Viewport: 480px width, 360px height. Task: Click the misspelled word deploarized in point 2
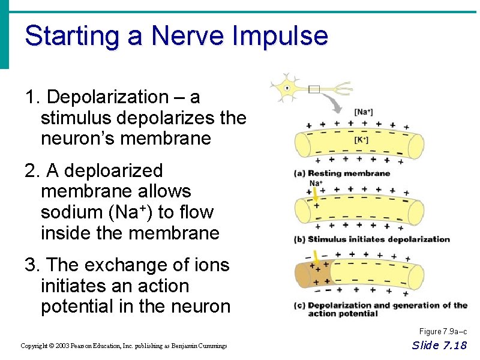tap(113, 171)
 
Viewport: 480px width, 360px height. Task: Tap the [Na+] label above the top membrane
tap(363, 112)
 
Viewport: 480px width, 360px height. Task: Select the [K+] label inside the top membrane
tap(361, 140)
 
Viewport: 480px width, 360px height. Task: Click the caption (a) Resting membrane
tap(341, 174)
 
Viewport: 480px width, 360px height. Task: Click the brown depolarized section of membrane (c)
tap(312, 273)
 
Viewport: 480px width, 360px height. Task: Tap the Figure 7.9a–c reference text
tap(443, 332)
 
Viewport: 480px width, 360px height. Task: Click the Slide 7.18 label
tap(439, 345)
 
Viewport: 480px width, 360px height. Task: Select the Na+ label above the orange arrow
tap(316, 183)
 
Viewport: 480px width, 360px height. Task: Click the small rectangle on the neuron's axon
tap(314, 89)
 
